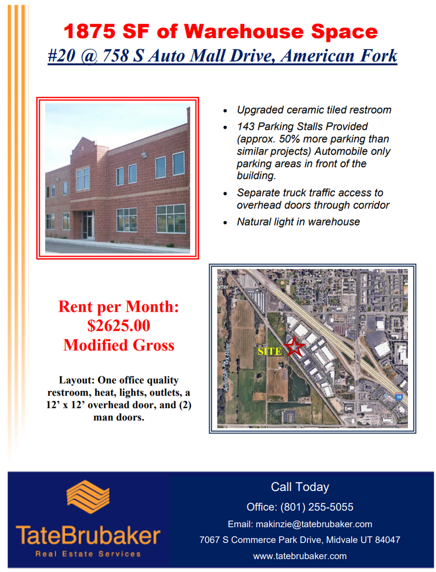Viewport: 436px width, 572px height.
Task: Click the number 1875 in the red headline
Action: [x=90, y=31]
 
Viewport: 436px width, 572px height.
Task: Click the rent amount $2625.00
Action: [x=118, y=325]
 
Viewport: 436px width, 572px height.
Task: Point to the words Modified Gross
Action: [x=119, y=345]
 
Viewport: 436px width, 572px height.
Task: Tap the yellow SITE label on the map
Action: [x=270, y=351]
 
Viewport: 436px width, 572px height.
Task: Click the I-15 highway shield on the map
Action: [x=398, y=397]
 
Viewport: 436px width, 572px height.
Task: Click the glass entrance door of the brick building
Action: [x=88, y=225]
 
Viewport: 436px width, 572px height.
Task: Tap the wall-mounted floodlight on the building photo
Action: [x=144, y=155]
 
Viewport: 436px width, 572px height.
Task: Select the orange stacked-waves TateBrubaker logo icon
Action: [x=88, y=496]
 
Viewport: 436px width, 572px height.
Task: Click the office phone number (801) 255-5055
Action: [x=317, y=507]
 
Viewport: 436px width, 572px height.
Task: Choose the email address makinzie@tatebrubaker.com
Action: [x=314, y=524]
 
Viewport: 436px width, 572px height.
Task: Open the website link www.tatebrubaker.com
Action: [x=300, y=556]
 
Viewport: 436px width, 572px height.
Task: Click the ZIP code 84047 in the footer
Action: [x=387, y=540]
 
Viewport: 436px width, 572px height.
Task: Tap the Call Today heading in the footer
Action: [x=300, y=487]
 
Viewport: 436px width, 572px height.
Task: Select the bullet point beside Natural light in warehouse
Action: [x=225, y=223]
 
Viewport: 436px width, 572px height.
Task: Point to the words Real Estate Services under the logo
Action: [x=88, y=554]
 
